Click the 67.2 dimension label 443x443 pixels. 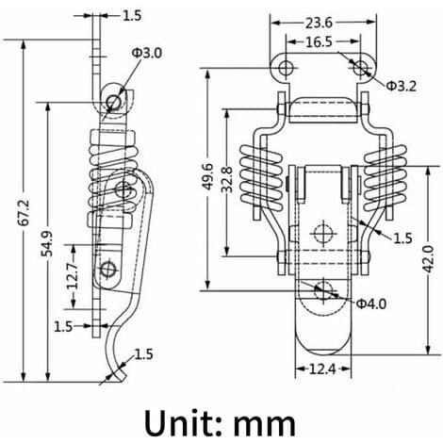[24, 213]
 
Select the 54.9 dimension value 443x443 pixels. [47, 244]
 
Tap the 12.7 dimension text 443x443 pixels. [73, 276]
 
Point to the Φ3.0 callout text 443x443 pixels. [147, 53]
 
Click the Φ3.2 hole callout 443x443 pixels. [401, 86]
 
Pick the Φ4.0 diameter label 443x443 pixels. [371, 304]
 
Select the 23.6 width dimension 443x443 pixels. [319, 23]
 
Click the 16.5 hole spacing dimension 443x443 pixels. [319, 41]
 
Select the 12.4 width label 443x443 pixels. [322, 369]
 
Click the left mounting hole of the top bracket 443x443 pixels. [285, 68]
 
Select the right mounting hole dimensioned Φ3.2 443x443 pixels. [360, 67]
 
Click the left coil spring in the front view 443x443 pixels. [261, 177]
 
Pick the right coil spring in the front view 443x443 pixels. [386, 177]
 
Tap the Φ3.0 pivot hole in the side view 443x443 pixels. [113, 102]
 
